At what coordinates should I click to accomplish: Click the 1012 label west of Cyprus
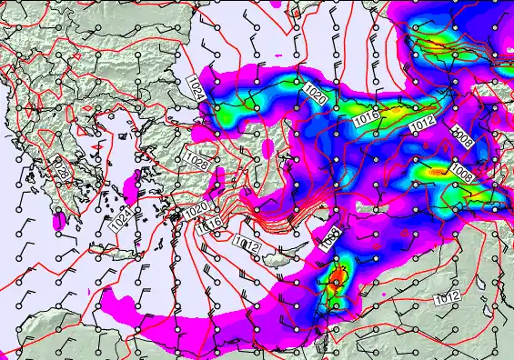(x=247, y=244)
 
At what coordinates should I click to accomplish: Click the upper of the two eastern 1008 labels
(x=462, y=135)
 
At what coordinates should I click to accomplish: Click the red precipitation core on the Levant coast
(x=337, y=274)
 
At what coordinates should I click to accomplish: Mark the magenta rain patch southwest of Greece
(x=60, y=221)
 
